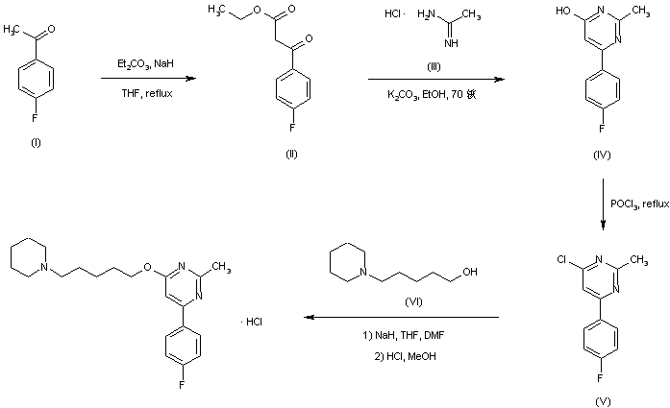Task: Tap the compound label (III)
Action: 434,66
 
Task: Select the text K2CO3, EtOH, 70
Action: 431,93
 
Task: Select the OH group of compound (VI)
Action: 469,272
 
